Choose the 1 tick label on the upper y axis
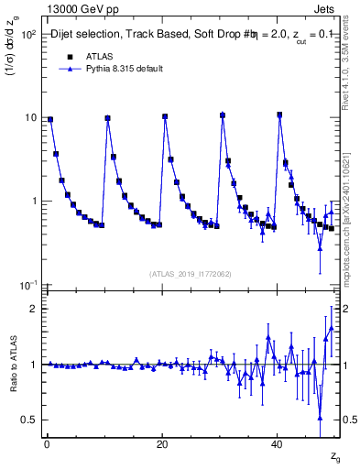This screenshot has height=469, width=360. point(34,202)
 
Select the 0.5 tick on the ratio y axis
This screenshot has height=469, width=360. point(29,420)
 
